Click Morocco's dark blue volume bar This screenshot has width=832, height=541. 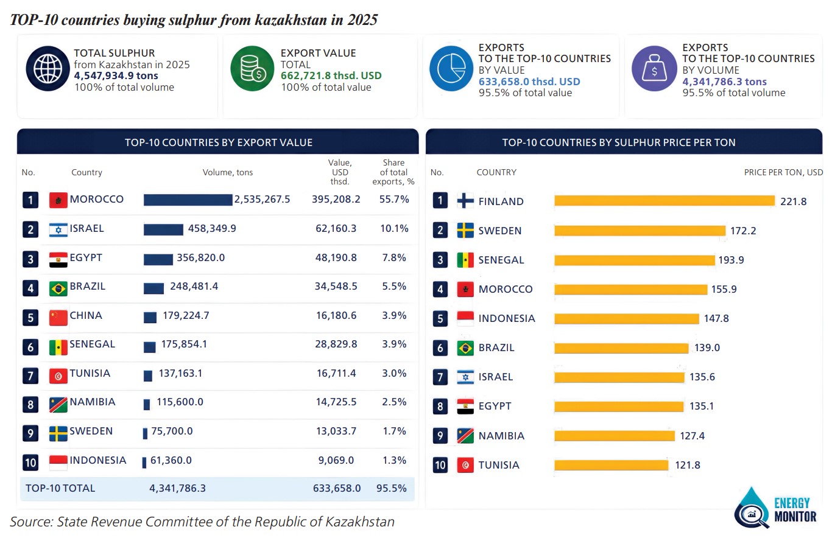(188, 200)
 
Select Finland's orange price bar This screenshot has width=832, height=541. (665, 201)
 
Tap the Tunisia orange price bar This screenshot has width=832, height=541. (611, 465)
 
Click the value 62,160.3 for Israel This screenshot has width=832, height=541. (336, 228)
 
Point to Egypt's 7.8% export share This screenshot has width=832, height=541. (394, 257)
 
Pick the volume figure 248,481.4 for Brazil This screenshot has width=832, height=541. (194, 287)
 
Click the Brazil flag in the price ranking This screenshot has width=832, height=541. (465, 348)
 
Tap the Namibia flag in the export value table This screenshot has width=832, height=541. (58, 405)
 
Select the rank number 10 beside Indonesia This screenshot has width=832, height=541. (30, 462)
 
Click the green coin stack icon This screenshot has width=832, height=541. (252, 69)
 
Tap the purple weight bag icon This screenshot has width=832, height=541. (654, 69)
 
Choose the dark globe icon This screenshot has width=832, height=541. (48, 69)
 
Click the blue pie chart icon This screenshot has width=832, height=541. (451, 69)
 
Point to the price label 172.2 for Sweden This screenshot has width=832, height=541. (743, 231)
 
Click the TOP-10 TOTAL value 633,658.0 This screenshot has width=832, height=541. (337, 488)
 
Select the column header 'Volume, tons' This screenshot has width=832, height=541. (228, 172)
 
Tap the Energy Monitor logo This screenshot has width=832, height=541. (775, 508)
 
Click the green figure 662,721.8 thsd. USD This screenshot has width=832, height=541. (331, 75)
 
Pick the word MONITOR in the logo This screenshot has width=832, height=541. (795, 517)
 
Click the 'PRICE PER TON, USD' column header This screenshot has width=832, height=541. (783, 172)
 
